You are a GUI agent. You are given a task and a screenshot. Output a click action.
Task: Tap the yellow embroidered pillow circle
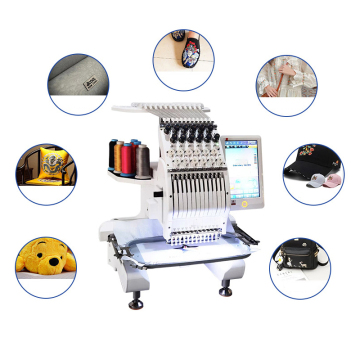[46, 173]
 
